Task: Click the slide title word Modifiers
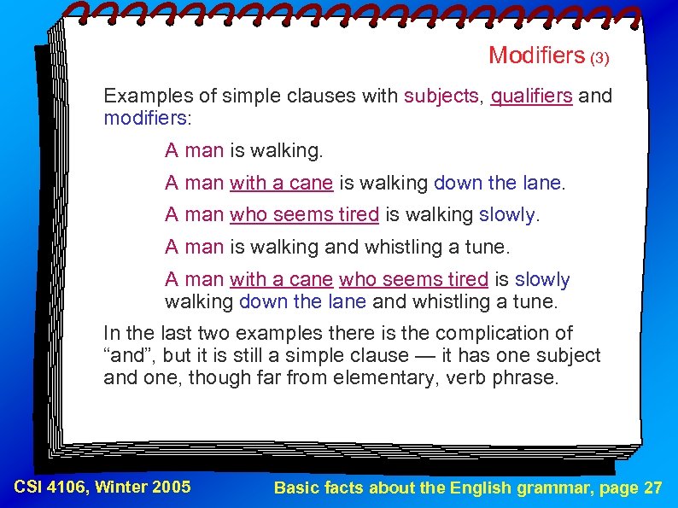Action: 536,55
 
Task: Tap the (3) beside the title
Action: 600,58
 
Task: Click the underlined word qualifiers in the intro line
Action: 531,96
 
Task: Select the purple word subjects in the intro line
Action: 441,96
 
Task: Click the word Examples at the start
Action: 143,96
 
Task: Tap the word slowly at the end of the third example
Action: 507,215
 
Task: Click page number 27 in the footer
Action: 652,488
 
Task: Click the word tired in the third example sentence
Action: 358,215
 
